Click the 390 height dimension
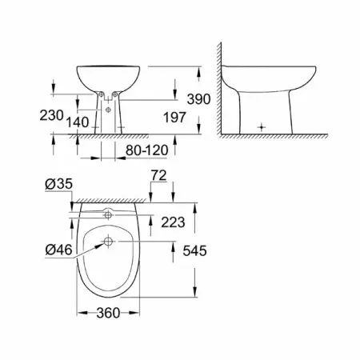pyautogui.click(x=198, y=99)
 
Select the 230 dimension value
pyautogui.click(x=51, y=115)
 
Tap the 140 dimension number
pyautogui.click(x=78, y=122)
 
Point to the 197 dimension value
pyautogui.click(x=174, y=118)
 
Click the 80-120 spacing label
pyautogui.click(x=147, y=150)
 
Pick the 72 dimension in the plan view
pyautogui.click(x=159, y=175)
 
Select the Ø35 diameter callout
pyautogui.click(x=58, y=184)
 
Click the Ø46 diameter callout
pyautogui.click(x=58, y=250)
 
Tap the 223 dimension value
pyautogui.click(x=173, y=222)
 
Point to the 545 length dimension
pyautogui.click(x=194, y=250)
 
